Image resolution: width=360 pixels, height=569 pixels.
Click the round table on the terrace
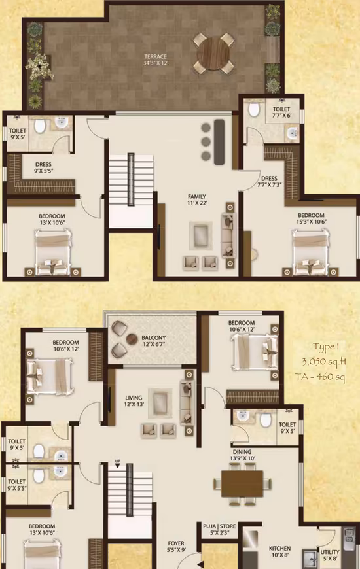point(213,53)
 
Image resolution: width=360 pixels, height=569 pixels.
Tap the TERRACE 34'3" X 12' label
point(156,60)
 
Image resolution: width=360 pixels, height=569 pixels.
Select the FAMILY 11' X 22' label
point(197,199)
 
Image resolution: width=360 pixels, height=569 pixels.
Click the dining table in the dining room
point(242,484)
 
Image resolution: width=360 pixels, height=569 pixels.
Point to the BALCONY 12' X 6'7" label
point(154,341)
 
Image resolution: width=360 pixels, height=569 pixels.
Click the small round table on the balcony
point(132,339)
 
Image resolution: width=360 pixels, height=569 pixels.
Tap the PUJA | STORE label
point(219,526)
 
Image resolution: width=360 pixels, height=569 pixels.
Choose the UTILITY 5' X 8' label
point(330,555)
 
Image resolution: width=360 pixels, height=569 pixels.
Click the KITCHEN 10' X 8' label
point(279,551)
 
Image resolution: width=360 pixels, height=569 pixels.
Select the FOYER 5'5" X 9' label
point(176,547)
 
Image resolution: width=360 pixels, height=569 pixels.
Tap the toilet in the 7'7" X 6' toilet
point(254,109)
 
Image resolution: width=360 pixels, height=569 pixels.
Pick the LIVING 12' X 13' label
point(134,401)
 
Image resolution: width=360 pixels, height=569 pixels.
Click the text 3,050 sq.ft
point(324,362)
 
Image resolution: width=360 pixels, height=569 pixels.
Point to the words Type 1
point(326,347)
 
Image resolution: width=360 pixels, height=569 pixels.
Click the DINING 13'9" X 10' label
point(242,455)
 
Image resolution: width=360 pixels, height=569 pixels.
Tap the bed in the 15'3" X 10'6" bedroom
point(311,252)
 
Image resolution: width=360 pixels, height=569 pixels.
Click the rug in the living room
point(160,404)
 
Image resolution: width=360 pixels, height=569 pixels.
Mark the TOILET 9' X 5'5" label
point(17,485)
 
